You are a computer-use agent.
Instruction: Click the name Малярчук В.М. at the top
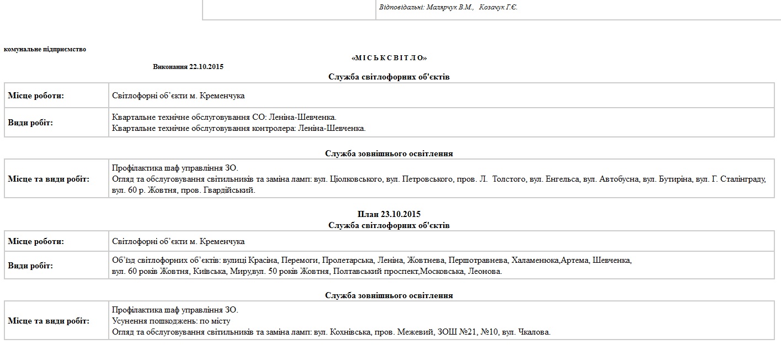tap(450, 7)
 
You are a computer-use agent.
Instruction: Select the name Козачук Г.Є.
tap(498, 7)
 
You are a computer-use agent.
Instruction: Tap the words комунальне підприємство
tap(45, 49)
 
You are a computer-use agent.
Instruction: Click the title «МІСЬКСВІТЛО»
tap(389, 58)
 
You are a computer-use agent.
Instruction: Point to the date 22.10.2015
tap(206, 67)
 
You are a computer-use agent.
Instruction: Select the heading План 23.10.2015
tap(389, 214)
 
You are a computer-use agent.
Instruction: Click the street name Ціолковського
tap(360, 179)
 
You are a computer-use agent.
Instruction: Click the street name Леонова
tap(485, 271)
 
